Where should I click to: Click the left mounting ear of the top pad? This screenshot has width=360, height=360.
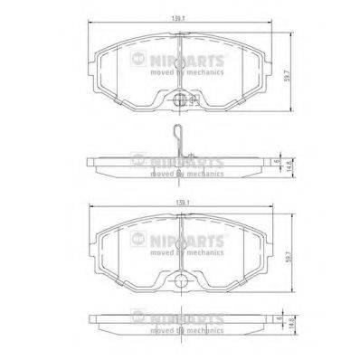point(94,64)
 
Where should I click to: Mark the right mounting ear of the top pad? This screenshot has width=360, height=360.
point(268,64)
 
